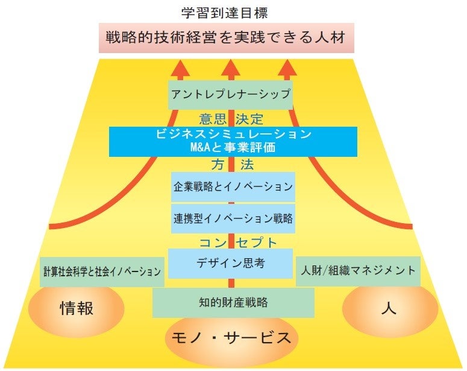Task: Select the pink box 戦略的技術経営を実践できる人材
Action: [226, 39]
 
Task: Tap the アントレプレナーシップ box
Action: [231, 94]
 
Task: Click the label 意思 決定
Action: [231, 118]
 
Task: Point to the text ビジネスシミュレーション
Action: [232, 134]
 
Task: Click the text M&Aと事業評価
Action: [232, 147]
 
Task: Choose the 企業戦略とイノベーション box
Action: [232, 186]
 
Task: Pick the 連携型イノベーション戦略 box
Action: [232, 218]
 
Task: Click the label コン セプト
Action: [238, 243]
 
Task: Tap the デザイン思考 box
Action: [230, 264]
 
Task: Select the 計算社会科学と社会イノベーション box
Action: [102, 271]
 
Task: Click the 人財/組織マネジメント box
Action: [358, 271]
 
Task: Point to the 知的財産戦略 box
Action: [233, 302]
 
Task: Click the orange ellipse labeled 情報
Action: [77, 309]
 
